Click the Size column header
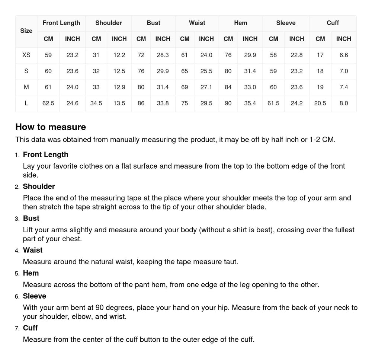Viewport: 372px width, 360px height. pyautogui.click(x=26, y=31)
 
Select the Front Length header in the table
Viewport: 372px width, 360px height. pyautogui.click(x=61, y=23)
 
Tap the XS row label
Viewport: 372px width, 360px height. pyautogui.click(x=26, y=55)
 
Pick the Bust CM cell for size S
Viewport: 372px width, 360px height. pyautogui.click(x=141, y=71)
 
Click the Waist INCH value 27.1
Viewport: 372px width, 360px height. pyautogui.click(x=206, y=87)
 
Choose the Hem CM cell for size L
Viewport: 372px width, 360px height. pyautogui.click(x=228, y=103)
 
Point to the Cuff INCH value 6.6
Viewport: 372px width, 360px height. pyautogui.click(x=343, y=55)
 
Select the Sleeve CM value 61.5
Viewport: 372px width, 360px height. pyautogui.click(x=273, y=103)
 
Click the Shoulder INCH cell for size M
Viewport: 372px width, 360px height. pyautogui.click(x=119, y=87)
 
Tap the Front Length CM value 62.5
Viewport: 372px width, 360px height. pyautogui.click(x=48, y=103)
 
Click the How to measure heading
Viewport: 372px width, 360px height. pyautogui.click(x=51, y=127)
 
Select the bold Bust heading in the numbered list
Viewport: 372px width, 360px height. pyautogui.click(x=31, y=218)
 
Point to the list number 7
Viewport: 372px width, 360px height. pyautogui.click(x=17, y=328)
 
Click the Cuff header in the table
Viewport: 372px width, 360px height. pyautogui.click(x=333, y=23)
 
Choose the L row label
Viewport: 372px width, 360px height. pyautogui.click(x=26, y=103)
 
